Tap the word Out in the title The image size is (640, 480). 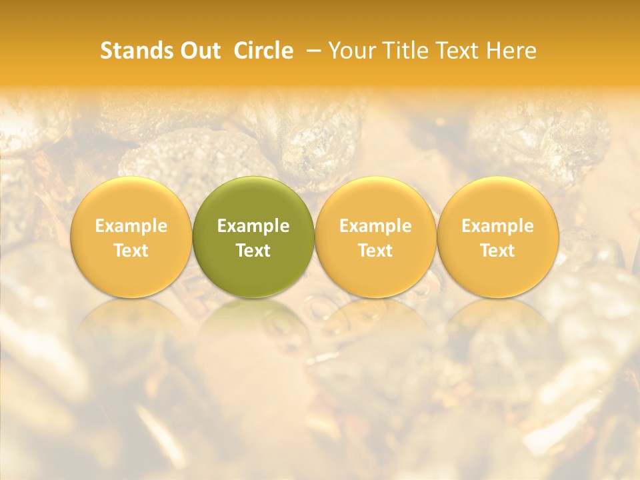tap(198, 51)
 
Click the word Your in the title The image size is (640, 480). tap(351, 51)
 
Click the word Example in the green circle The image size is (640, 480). tap(253, 226)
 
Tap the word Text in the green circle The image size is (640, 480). tap(253, 251)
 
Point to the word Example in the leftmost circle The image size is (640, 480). tap(131, 226)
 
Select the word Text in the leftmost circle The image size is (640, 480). tap(131, 251)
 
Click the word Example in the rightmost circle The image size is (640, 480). tap(497, 226)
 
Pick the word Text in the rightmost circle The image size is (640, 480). tap(497, 251)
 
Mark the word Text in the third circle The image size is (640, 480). tap(375, 251)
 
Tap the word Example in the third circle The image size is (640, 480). tap(375, 226)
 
